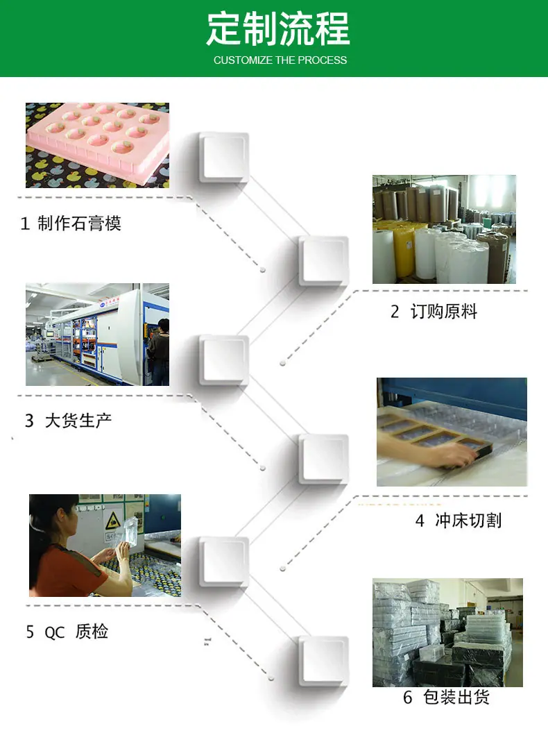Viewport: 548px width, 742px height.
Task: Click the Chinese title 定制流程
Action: pyautogui.click(x=278, y=29)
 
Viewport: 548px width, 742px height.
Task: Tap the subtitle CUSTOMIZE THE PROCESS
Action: pyautogui.click(x=280, y=60)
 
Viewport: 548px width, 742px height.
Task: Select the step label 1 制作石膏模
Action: pyautogui.click(x=71, y=223)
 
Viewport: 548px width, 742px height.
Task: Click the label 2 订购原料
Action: pyautogui.click(x=434, y=312)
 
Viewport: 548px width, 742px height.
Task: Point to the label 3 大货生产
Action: pyautogui.click(x=68, y=420)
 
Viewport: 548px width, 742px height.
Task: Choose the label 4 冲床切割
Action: pyautogui.click(x=458, y=520)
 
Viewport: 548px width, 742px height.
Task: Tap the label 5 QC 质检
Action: pyautogui.click(x=67, y=631)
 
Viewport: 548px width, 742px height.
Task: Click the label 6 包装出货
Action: pyautogui.click(x=446, y=697)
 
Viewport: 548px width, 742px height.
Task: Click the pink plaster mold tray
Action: pyautogui.click(x=97, y=137)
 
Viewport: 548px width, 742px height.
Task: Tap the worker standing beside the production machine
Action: pyautogui.click(x=159, y=352)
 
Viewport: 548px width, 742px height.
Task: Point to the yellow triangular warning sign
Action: pyautogui.click(x=113, y=521)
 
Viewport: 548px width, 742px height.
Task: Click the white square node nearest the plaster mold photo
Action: pyautogui.click(x=223, y=158)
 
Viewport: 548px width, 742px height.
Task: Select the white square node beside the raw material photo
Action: pyautogui.click(x=324, y=261)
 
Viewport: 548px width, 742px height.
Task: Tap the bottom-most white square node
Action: pyautogui.click(x=324, y=661)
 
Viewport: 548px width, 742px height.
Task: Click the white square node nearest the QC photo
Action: pyautogui.click(x=223, y=562)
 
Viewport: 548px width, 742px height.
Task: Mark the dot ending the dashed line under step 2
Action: pyautogui.click(x=282, y=364)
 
